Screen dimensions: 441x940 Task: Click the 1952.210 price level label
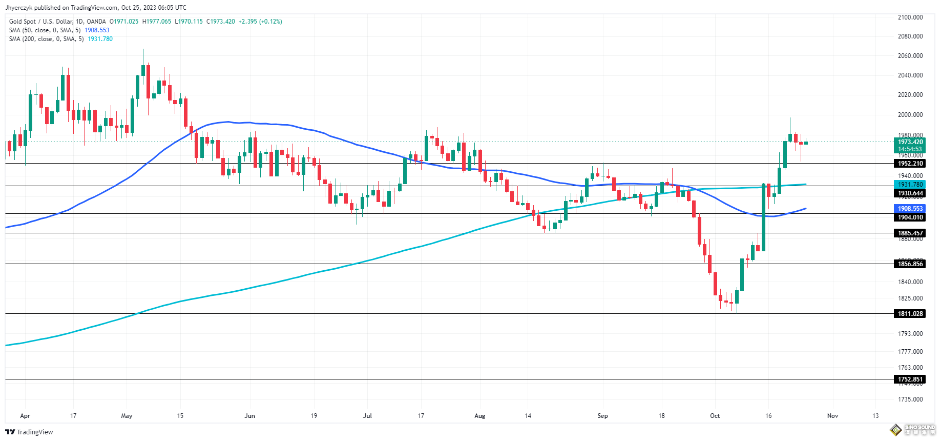point(910,164)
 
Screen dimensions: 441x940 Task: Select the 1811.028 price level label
point(910,314)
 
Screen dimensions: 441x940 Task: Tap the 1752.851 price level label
point(910,379)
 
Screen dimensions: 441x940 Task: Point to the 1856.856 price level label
point(910,264)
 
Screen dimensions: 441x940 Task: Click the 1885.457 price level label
point(910,233)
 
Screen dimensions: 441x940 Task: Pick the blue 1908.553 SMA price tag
point(910,209)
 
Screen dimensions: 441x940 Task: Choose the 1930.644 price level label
point(910,193)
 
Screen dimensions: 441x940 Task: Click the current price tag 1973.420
point(910,142)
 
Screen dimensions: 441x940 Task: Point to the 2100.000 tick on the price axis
point(910,17)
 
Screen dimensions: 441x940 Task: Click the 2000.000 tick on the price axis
point(910,115)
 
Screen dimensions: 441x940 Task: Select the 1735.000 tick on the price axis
point(910,399)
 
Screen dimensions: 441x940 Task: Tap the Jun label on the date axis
point(249,416)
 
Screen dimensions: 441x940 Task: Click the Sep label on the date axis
point(602,416)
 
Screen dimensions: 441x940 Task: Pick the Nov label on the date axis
point(832,416)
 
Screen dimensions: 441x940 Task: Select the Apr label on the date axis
point(25,416)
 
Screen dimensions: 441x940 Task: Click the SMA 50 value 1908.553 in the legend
point(97,30)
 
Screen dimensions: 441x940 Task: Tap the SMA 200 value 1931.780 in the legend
point(100,39)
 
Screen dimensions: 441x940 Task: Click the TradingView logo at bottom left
point(29,432)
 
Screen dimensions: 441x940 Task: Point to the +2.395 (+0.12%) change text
point(260,22)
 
